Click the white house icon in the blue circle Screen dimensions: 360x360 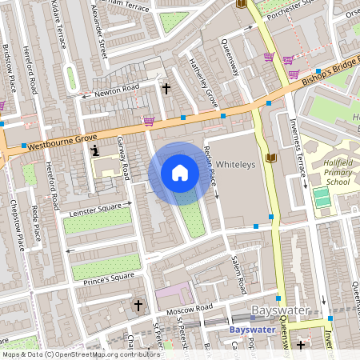[x=180, y=173]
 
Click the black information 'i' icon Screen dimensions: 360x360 [x=95, y=150]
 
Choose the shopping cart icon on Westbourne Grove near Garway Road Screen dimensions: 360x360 [x=149, y=121]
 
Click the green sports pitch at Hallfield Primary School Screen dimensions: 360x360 [x=321, y=197]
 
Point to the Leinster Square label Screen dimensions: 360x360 [x=96, y=206]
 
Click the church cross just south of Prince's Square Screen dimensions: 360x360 [x=138, y=305]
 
